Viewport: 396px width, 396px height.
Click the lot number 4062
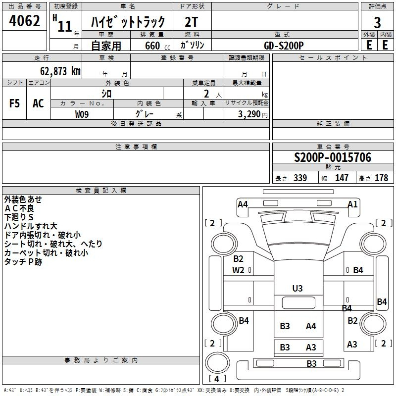[x=25, y=22]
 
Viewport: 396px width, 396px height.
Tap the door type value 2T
[x=192, y=22]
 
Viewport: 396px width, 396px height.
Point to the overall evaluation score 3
[x=377, y=22]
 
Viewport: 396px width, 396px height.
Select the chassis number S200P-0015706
[x=333, y=157]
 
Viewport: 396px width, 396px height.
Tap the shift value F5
[x=14, y=103]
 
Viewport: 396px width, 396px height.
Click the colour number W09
[x=82, y=114]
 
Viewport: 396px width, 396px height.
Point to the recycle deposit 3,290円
[x=253, y=114]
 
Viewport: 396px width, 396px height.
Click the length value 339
[x=299, y=178]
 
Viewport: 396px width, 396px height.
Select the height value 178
[x=381, y=178]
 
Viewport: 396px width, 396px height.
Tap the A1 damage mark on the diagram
[x=352, y=204]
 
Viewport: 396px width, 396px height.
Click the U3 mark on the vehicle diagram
[x=297, y=288]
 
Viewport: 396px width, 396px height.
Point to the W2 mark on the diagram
[x=239, y=270]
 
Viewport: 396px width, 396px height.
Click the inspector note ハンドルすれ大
[x=31, y=226]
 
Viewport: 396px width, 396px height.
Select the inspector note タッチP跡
[x=23, y=262]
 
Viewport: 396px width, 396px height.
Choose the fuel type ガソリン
[x=192, y=45]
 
